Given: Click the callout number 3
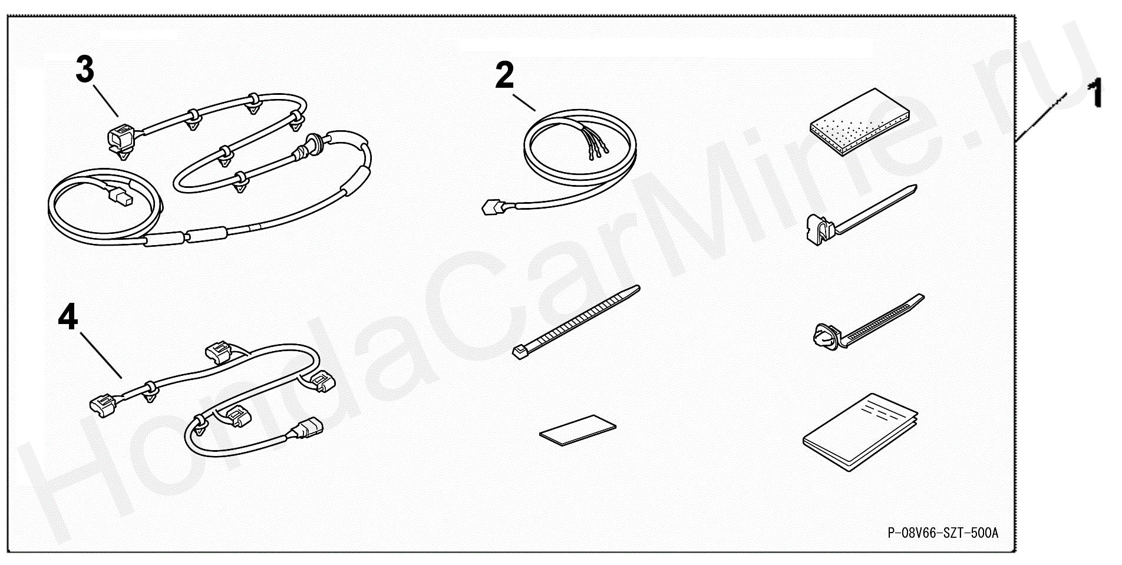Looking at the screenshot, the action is click(85, 70).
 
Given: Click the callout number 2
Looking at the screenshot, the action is click(504, 75).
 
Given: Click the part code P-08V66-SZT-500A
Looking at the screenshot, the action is click(943, 533).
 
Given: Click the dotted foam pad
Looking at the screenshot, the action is click(859, 122).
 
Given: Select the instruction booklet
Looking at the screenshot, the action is click(860, 432).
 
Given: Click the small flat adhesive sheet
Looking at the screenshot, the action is click(577, 430).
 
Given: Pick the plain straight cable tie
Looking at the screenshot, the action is click(576, 322).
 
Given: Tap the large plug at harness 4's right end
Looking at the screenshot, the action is click(309, 428).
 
